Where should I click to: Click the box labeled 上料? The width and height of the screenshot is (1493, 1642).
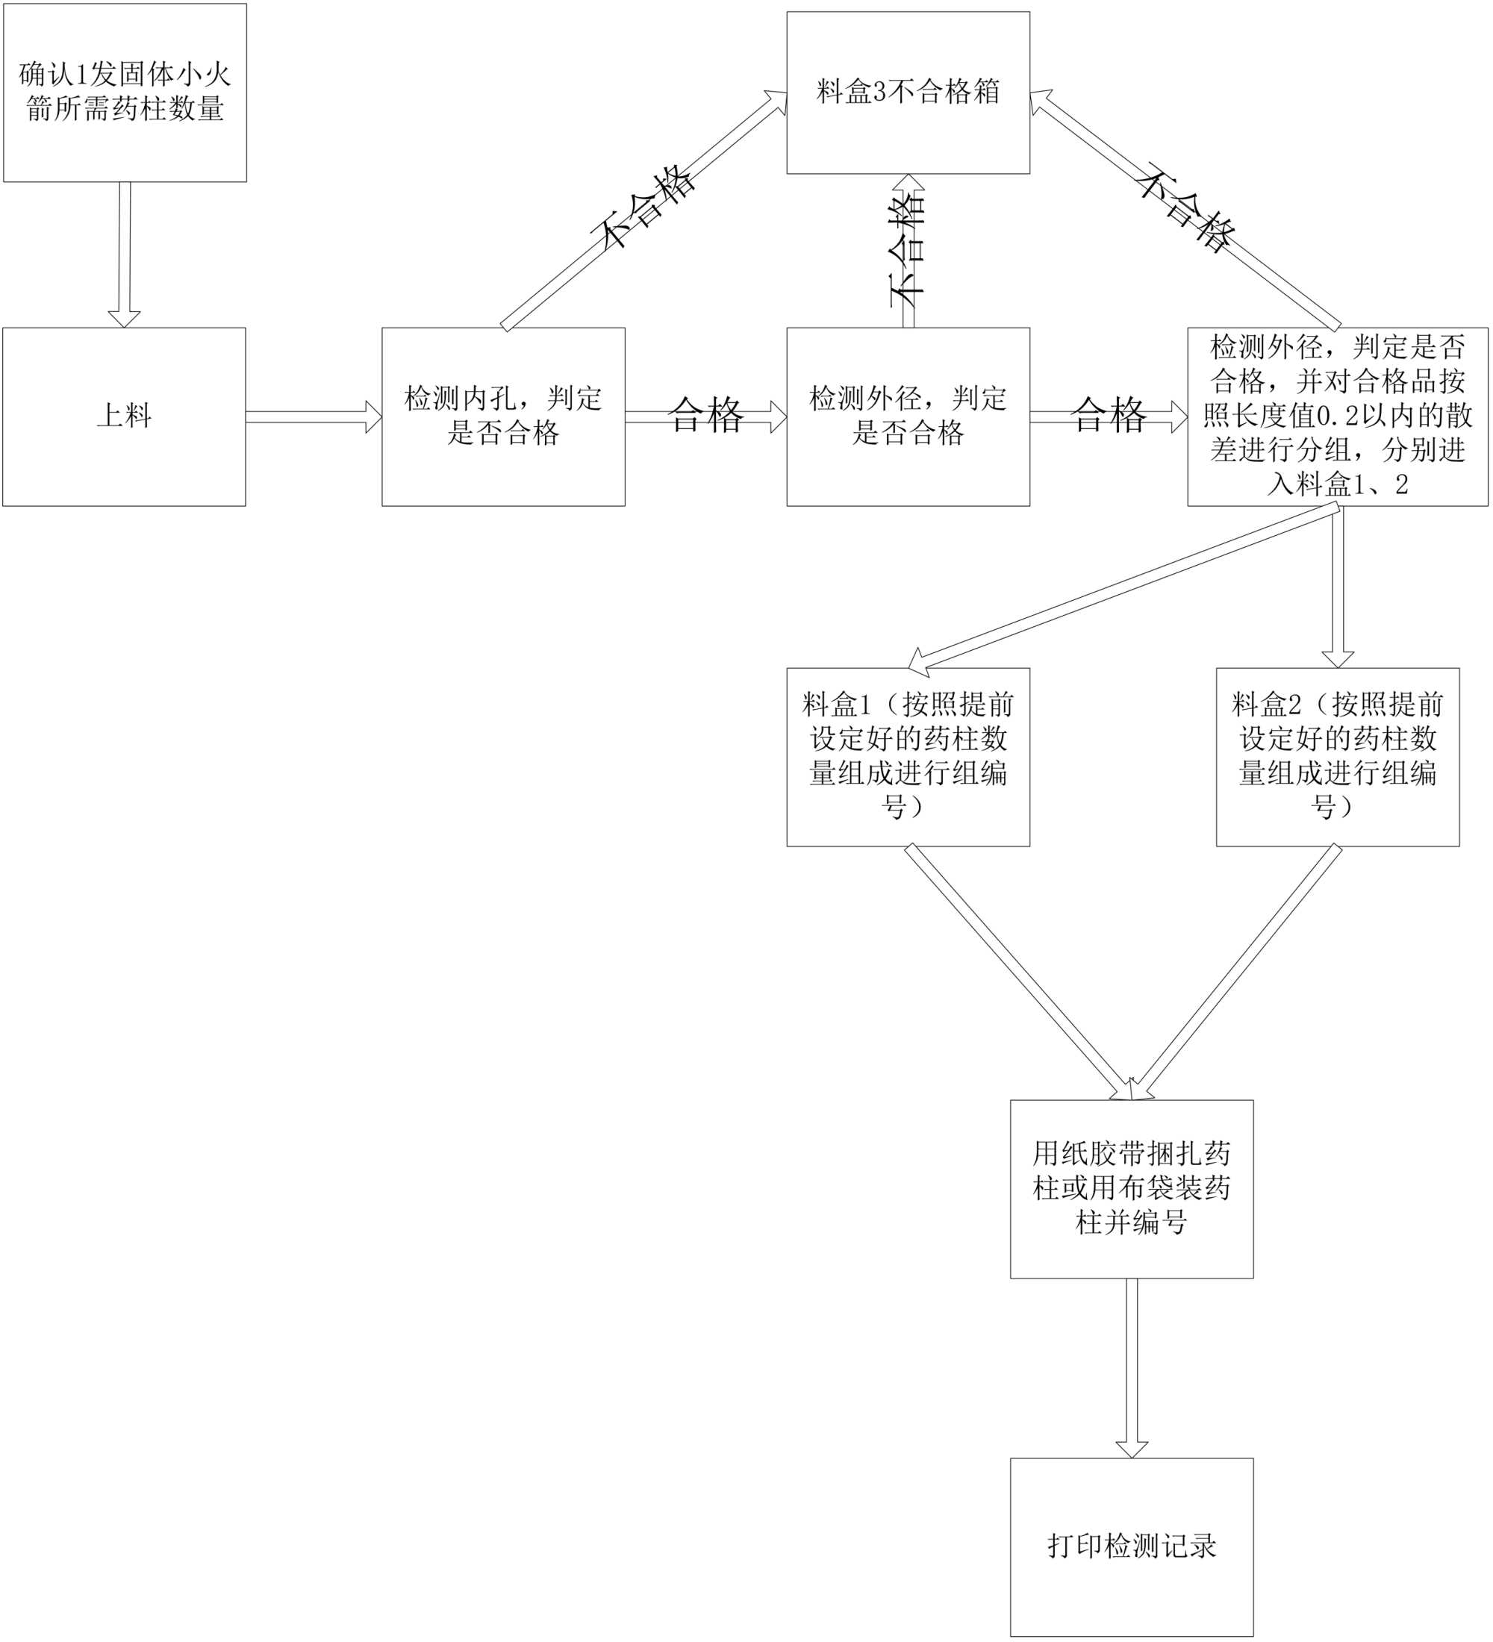(124, 416)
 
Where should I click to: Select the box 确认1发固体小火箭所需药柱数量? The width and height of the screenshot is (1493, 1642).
(125, 92)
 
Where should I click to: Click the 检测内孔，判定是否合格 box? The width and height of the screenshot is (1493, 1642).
(502, 416)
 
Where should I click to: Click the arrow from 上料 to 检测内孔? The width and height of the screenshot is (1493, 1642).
(314, 417)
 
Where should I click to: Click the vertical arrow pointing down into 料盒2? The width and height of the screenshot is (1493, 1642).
(1338, 587)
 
